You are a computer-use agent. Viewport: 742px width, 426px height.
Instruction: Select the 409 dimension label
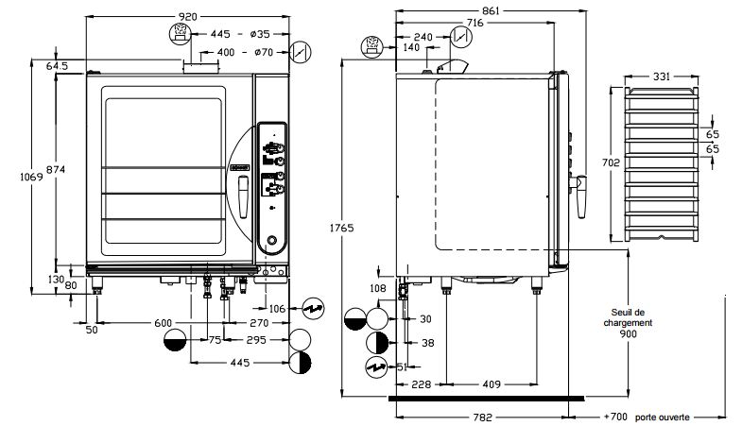pos(491,383)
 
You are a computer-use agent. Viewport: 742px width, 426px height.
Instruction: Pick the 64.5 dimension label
pos(57,66)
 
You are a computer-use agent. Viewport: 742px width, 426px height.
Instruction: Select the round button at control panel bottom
pos(272,241)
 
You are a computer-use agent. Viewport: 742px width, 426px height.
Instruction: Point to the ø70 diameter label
pos(265,52)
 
